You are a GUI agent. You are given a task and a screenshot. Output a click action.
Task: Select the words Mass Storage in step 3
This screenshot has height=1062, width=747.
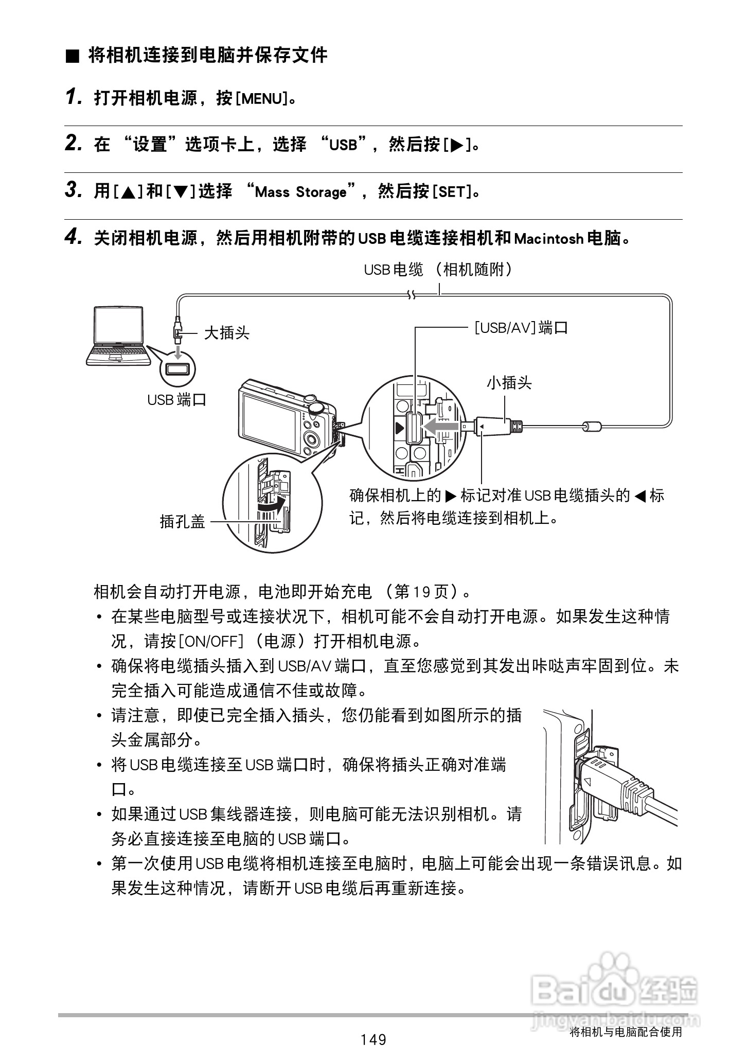click(x=301, y=192)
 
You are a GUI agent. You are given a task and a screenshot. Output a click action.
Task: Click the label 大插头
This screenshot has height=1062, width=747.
click(x=227, y=333)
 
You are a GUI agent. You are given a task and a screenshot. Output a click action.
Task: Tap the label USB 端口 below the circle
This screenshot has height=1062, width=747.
click(x=176, y=400)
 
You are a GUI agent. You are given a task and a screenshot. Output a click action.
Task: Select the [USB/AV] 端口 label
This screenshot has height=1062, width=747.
click(x=521, y=328)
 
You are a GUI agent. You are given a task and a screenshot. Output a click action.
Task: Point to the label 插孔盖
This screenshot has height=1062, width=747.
click(x=182, y=522)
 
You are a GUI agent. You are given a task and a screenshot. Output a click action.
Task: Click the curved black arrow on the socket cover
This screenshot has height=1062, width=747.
click(x=271, y=504)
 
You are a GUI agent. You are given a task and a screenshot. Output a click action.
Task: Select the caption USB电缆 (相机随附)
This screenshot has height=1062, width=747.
click(x=438, y=269)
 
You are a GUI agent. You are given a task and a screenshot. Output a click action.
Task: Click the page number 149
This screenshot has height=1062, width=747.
click(x=373, y=1039)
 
